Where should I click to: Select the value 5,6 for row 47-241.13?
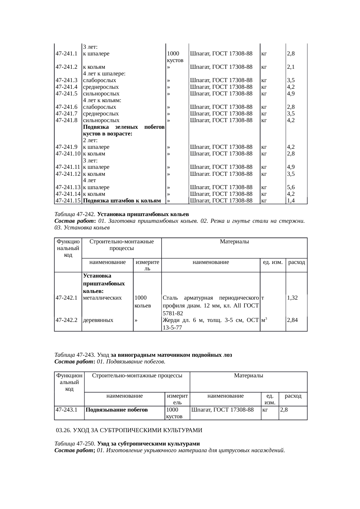[x=291, y=187]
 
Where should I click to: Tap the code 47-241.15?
[x=68, y=201]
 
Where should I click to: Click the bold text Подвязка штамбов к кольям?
[x=122, y=201]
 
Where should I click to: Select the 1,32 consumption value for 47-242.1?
[x=292, y=298]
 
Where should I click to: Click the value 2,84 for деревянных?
[x=292, y=320]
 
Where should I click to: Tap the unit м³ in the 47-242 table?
[x=264, y=320]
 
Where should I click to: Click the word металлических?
[x=102, y=298]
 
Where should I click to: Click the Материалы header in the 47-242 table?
[x=234, y=242]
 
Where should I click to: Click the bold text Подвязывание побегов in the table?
[x=116, y=410]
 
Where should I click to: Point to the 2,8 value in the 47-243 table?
[x=284, y=410]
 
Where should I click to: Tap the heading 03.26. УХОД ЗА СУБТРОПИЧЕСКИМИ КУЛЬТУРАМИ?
[x=129, y=430]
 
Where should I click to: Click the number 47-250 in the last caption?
[x=85, y=444]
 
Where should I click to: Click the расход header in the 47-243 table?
[x=293, y=396]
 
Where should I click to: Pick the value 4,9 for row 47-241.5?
[x=291, y=94]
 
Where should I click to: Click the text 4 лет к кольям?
[x=102, y=100]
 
